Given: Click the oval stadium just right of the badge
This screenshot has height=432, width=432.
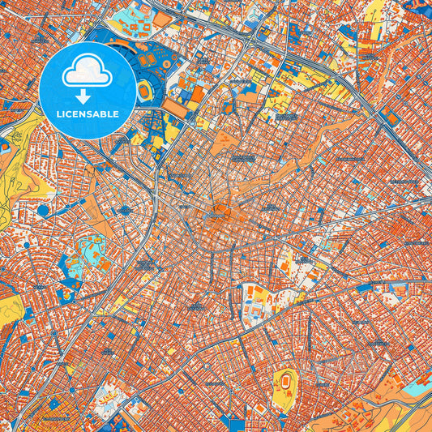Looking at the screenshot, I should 144,91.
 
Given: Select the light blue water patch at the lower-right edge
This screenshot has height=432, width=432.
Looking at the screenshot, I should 417,387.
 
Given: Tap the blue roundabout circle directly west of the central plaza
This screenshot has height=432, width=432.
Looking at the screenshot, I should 126,211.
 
